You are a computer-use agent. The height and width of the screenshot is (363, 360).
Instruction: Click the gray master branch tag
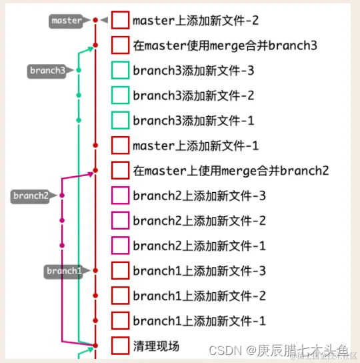click(67, 21)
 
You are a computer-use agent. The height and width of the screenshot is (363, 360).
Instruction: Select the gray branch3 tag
click(47, 70)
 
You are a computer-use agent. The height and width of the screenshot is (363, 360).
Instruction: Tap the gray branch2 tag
click(31, 196)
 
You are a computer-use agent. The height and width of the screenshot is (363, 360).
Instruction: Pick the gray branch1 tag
click(64, 271)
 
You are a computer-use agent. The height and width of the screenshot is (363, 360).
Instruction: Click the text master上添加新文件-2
click(195, 21)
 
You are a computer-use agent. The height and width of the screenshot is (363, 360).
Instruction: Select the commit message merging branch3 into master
click(225, 45)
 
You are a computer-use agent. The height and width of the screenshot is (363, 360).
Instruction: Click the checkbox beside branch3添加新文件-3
click(120, 70)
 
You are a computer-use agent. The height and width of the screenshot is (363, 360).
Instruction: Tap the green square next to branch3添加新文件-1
click(120, 120)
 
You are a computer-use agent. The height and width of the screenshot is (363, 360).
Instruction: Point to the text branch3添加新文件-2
click(193, 95)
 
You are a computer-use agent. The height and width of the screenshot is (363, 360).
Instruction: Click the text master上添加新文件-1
click(195, 145)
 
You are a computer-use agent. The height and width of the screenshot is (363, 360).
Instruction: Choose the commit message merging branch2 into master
click(231, 171)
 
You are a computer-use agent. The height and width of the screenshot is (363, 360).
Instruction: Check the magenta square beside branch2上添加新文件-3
click(120, 196)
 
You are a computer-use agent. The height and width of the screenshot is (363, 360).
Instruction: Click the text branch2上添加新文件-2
click(199, 221)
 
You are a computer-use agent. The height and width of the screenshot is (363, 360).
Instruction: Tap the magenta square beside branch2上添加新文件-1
click(120, 246)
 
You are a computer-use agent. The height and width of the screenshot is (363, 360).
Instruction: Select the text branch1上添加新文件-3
click(199, 271)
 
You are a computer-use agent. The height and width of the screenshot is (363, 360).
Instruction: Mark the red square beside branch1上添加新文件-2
click(120, 296)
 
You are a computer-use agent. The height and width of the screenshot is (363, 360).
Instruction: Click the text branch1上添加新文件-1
click(199, 321)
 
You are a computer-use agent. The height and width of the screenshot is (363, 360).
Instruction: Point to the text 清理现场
click(156, 346)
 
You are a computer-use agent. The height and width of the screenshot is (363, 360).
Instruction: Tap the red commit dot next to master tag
click(95, 21)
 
